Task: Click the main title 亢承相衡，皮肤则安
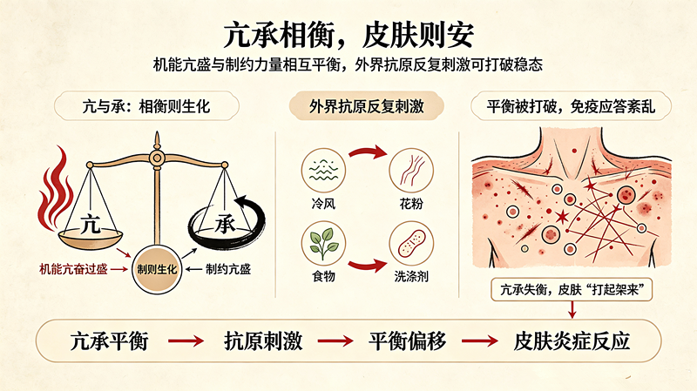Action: coord(348,35)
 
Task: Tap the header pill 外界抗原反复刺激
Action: coord(367,106)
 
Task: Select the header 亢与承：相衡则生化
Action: coord(146,106)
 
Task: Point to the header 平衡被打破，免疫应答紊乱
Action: coord(571,106)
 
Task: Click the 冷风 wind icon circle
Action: coord(323,170)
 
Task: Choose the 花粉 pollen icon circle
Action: coord(411,170)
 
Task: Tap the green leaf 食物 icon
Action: coord(323,243)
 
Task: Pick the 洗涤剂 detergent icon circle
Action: coord(411,243)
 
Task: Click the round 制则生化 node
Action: coord(157,269)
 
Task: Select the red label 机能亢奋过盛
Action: coord(73,269)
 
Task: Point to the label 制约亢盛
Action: coord(228,269)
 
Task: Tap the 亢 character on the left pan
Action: coord(91,225)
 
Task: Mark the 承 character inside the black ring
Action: coord(226,224)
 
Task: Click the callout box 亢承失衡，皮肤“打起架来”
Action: coord(572,290)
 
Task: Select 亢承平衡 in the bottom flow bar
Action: coord(109,341)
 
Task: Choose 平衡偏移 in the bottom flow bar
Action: coord(407,341)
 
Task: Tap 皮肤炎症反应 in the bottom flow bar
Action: coord(572,341)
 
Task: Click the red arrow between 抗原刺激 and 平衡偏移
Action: coord(335,341)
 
